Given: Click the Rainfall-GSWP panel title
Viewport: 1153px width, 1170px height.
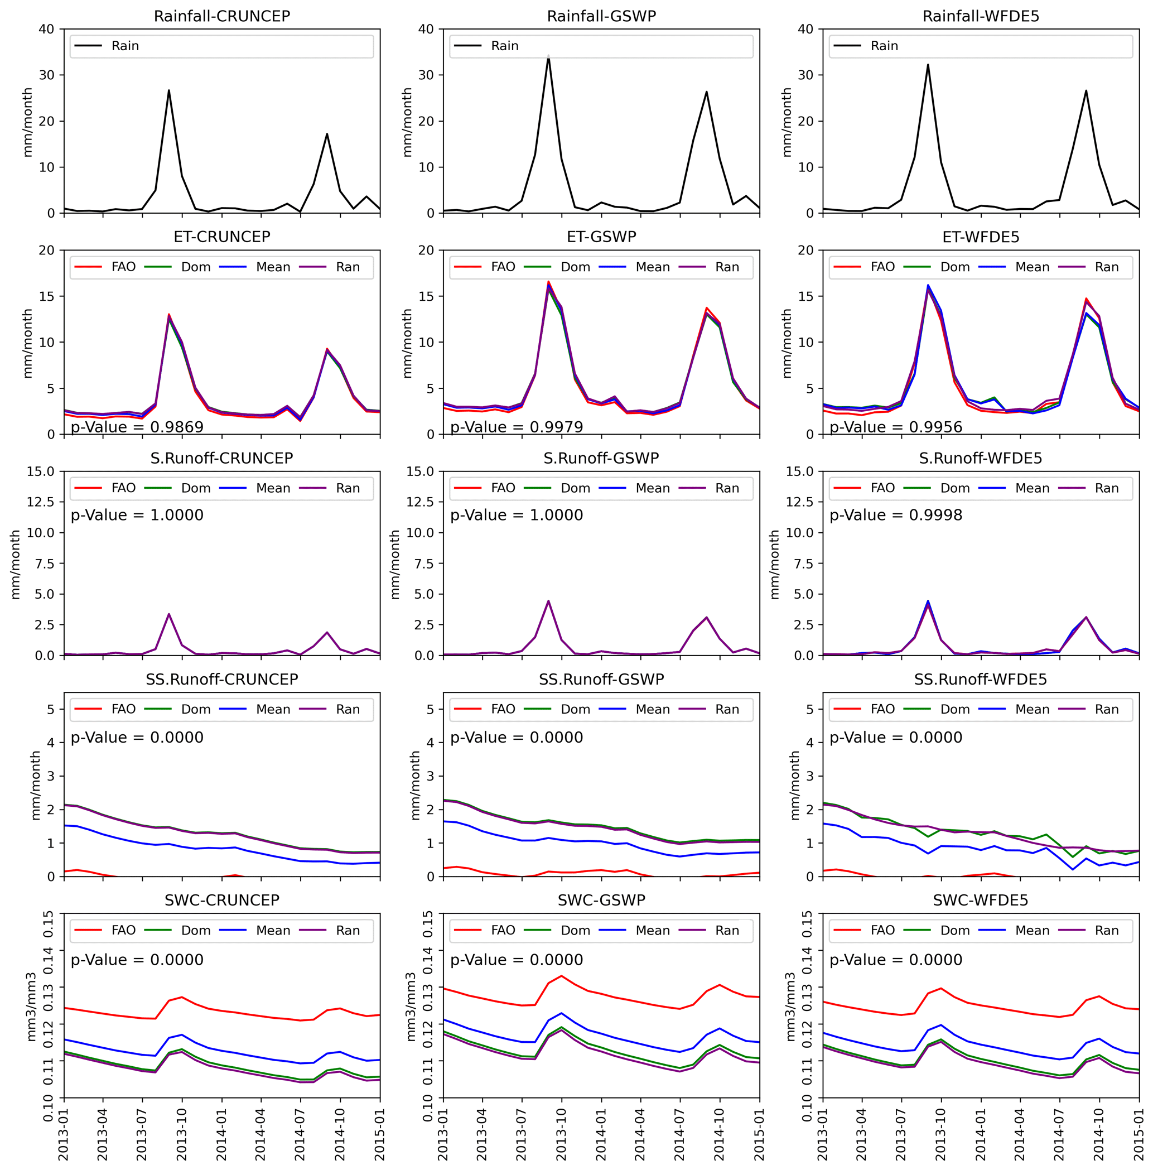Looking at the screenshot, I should [601, 16].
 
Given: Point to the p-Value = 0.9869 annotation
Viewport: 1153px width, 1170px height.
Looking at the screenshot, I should [137, 427].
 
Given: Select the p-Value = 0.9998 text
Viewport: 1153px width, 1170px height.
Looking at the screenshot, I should [896, 515].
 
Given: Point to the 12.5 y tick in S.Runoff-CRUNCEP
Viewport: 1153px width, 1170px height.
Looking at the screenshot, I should [40, 502].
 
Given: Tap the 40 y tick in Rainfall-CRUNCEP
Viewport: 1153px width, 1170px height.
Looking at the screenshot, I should [47, 29].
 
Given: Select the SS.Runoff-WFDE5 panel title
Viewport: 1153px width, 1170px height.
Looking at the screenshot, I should [981, 680].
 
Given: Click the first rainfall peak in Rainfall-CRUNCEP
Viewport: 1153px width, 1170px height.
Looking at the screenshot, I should [169, 91].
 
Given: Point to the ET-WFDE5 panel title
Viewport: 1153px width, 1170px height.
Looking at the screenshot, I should [981, 237].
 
